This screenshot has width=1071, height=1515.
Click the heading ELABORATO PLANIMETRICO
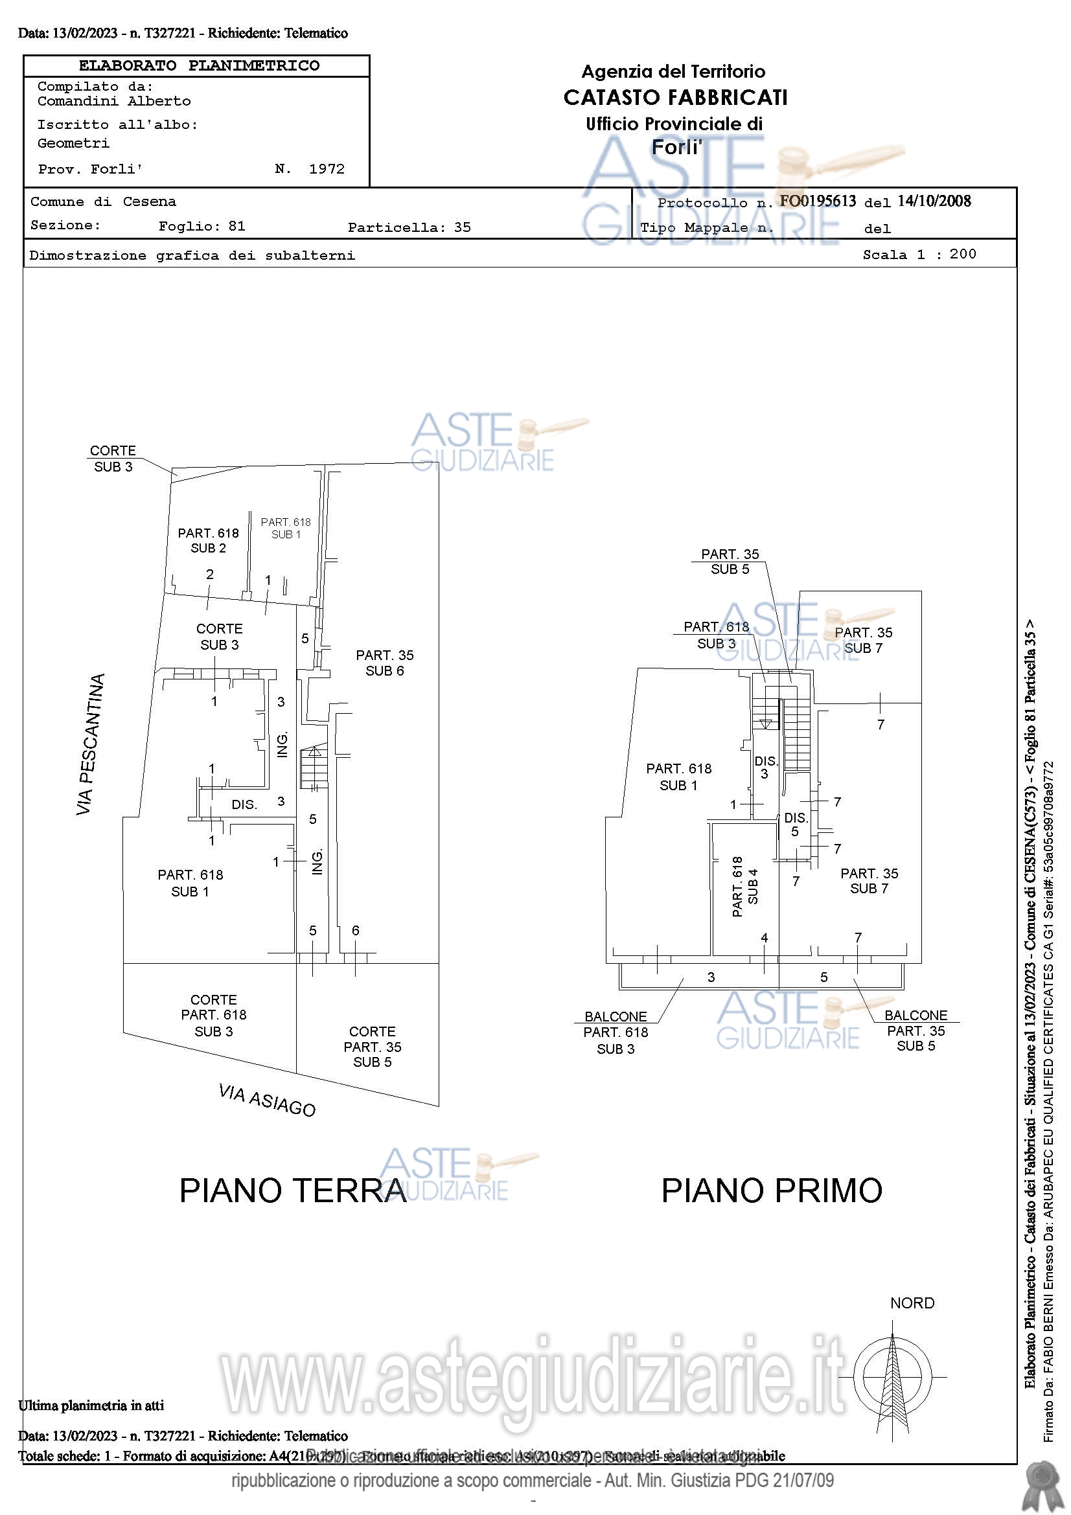pyautogui.click(x=199, y=66)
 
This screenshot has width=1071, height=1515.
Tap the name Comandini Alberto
pyautogui.click(x=114, y=101)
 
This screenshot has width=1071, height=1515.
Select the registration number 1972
pyautogui.click(x=327, y=169)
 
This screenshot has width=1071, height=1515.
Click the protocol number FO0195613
pyautogui.click(x=818, y=201)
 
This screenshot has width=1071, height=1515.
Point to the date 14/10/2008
pyautogui.click(x=934, y=201)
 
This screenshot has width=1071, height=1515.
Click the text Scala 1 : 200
pyautogui.click(x=919, y=255)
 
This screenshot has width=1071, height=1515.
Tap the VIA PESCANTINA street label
pyautogui.click(x=91, y=744)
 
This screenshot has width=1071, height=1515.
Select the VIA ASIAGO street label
pyautogui.click(x=266, y=1099)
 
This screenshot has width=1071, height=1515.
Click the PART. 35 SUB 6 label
pyautogui.click(x=385, y=663)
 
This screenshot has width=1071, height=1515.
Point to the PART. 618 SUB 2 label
pyautogui.click(x=209, y=540)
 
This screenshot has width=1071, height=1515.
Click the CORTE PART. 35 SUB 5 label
pyautogui.click(x=372, y=1047)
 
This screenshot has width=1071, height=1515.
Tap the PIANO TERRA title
pyautogui.click(x=293, y=1191)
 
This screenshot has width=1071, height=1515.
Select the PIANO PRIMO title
pyautogui.click(x=772, y=1191)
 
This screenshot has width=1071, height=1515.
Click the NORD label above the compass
pyautogui.click(x=912, y=1303)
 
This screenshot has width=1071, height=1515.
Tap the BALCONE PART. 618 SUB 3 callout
pyautogui.click(x=616, y=1032)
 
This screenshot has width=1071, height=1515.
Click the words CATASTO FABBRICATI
pyautogui.click(x=675, y=98)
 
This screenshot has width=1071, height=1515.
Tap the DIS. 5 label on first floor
pyautogui.click(x=796, y=825)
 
